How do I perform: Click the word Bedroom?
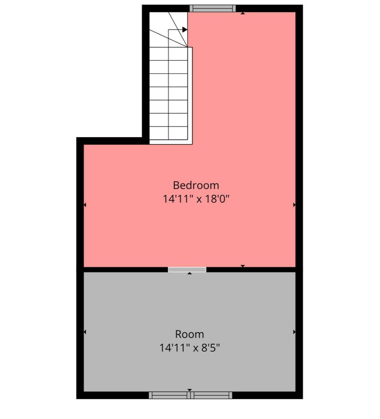click(196, 185)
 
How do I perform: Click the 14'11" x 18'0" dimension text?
click(196, 199)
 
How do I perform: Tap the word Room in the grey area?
click(190, 334)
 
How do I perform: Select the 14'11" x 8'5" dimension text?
click(190, 348)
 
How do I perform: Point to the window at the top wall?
click(213, 8)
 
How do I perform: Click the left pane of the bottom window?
click(169, 395)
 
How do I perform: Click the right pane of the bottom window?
click(211, 395)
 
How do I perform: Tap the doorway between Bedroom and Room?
click(187, 270)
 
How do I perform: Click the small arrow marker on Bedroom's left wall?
click(85, 205)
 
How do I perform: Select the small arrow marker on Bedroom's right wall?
click(294, 205)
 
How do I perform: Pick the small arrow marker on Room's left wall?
click(85, 332)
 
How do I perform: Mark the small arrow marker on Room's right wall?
click(294, 332)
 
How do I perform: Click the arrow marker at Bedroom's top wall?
click(242, 13)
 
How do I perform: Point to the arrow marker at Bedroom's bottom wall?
click(242, 266)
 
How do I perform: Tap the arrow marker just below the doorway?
click(190, 274)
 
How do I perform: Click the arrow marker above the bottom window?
click(190, 390)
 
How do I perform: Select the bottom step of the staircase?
click(169, 133)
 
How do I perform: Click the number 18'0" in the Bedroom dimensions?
click(217, 199)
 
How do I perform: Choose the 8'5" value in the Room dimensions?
click(210, 348)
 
